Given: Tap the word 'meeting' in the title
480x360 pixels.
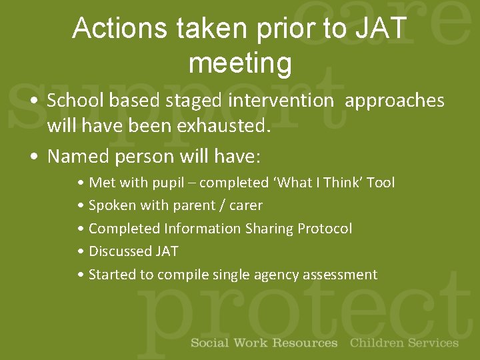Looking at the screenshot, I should pos(240,63).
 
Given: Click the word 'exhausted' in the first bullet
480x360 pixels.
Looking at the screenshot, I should pos(225,126).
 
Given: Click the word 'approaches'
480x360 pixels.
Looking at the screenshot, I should pos(395,101).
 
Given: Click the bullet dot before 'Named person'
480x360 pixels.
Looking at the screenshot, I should pos(33,157).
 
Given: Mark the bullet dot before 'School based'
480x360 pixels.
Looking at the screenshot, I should pos(33,101).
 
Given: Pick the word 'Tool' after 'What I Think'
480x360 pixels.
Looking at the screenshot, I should pos(381,183).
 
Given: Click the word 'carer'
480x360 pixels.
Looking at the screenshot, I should pos(246,205).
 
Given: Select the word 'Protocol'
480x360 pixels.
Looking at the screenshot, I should pos(325,229).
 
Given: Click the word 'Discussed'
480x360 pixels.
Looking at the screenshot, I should pos(120,251).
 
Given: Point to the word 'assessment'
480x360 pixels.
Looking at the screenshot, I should pos(340,275).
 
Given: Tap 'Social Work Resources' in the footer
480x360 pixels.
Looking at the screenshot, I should pos(264,343).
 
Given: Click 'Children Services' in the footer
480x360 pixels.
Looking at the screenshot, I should pos(404,343).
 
